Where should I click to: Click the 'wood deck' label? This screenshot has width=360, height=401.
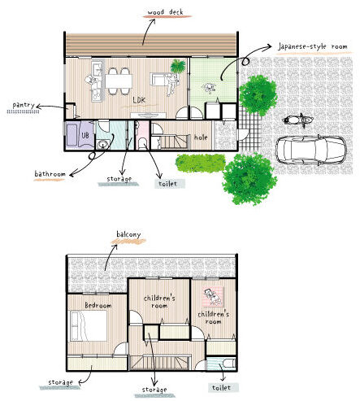(x=166, y=12)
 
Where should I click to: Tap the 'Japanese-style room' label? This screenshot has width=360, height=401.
(x=313, y=46)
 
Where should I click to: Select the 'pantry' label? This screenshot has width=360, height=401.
(x=24, y=105)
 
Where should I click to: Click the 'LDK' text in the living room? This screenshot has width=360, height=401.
(x=139, y=100)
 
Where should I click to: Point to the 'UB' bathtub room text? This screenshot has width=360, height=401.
(x=85, y=135)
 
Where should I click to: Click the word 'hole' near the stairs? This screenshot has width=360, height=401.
(x=201, y=137)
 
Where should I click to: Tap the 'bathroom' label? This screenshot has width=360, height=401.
(x=50, y=173)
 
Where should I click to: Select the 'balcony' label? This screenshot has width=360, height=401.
(x=128, y=234)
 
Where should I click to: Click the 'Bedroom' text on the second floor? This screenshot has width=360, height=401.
(x=98, y=305)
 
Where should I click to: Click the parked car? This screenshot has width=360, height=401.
(x=311, y=150)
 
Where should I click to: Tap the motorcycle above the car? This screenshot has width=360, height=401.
(x=297, y=120)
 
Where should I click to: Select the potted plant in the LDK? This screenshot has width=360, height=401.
(x=178, y=66)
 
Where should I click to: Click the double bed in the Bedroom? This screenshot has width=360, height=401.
(x=89, y=326)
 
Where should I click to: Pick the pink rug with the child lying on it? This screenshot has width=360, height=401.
(x=214, y=297)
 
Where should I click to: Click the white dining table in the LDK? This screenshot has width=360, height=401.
(x=119, y=81)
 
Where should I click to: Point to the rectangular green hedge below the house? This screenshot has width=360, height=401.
(x=200, y=163)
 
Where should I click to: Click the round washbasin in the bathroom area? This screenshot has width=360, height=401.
(x=103, y=144)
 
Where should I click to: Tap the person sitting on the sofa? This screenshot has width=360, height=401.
(x=171, y=84)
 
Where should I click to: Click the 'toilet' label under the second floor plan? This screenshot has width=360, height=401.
(x=222, y=388)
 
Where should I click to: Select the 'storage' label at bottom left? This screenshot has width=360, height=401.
(x=60, y=382)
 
